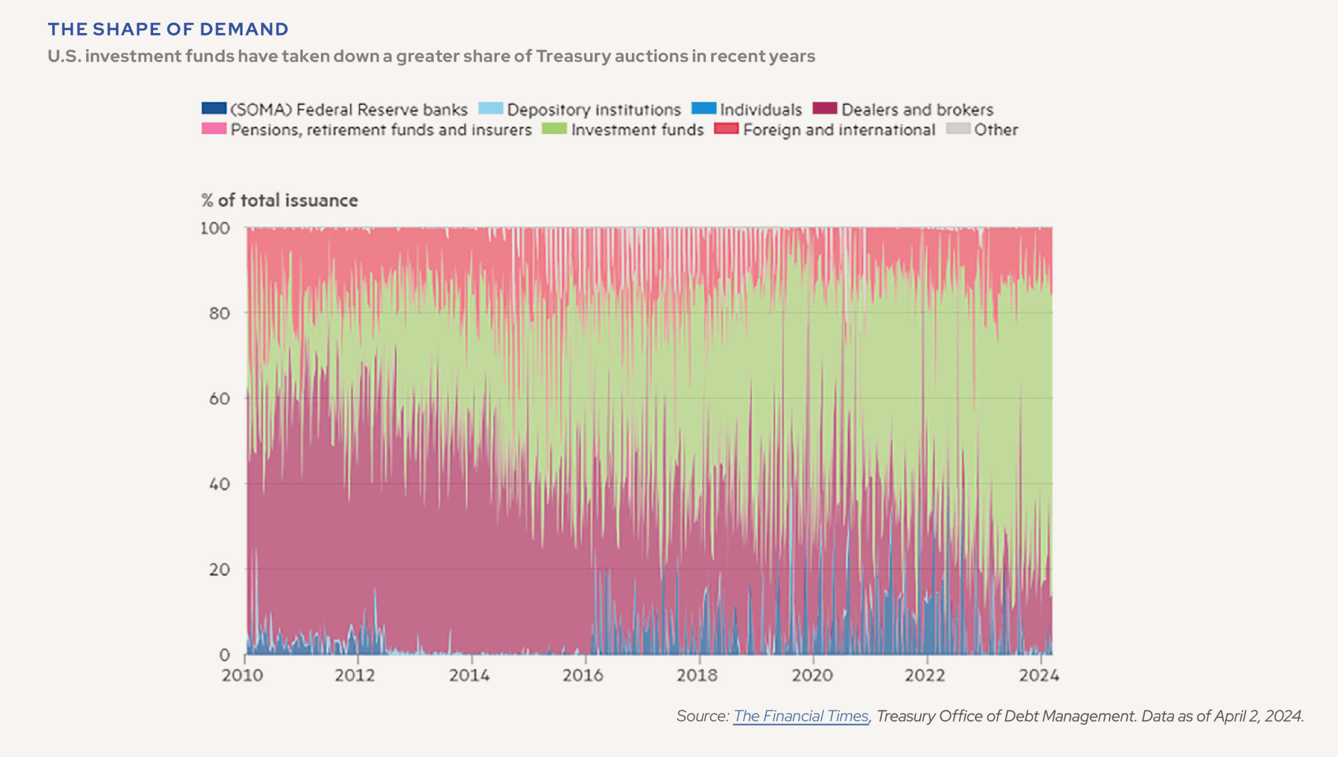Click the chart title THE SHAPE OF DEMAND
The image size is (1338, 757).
(168, 29)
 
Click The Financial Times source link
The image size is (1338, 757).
(800, 716)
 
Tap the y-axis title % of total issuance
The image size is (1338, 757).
(280, 200)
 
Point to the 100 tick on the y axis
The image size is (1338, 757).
(215, 228)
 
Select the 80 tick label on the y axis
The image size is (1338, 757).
(220, 314)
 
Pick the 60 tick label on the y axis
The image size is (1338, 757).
(220, 399)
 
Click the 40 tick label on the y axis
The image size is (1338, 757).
(220, 484)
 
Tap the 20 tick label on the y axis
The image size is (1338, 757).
(220, 569)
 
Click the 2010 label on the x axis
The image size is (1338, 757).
(242, 675)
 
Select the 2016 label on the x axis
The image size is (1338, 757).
(583, 675)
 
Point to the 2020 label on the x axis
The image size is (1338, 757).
(812, 675)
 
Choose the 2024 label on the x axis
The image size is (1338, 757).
(1039, 675)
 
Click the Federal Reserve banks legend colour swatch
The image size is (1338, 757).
(214, 108)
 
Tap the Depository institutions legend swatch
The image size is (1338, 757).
(490, 108)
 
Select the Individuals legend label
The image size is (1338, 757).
(761, 110)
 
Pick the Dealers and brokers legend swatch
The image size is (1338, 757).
(825, 108)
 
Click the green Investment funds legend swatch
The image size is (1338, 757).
(554, 129)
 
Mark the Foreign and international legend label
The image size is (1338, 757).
(839, 130)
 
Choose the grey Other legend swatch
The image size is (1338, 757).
(958, 129)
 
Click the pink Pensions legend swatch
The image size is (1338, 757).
(214, 129)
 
